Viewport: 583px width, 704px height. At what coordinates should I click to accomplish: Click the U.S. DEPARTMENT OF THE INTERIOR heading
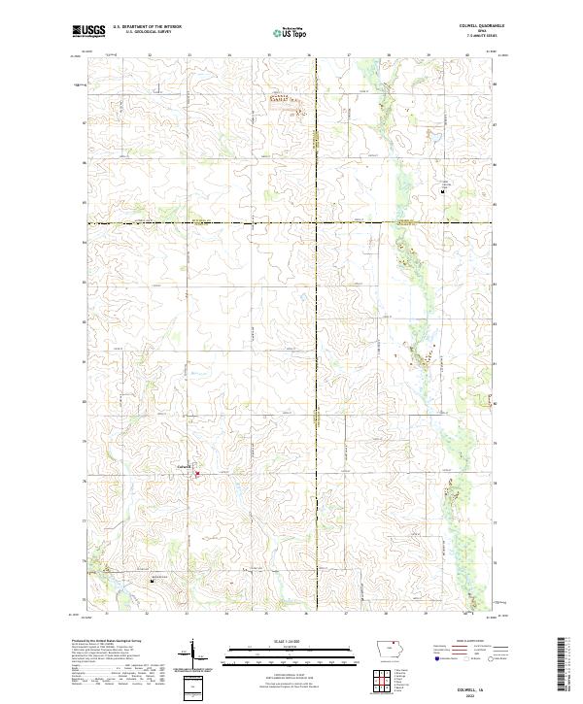147,26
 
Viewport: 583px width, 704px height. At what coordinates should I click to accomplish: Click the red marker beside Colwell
197,474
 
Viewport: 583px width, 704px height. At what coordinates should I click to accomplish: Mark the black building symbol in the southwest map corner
152,580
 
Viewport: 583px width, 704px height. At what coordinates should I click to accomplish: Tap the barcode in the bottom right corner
561,663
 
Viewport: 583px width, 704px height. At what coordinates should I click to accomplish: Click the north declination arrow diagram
193,654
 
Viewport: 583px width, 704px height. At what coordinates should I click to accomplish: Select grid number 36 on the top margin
308,55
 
